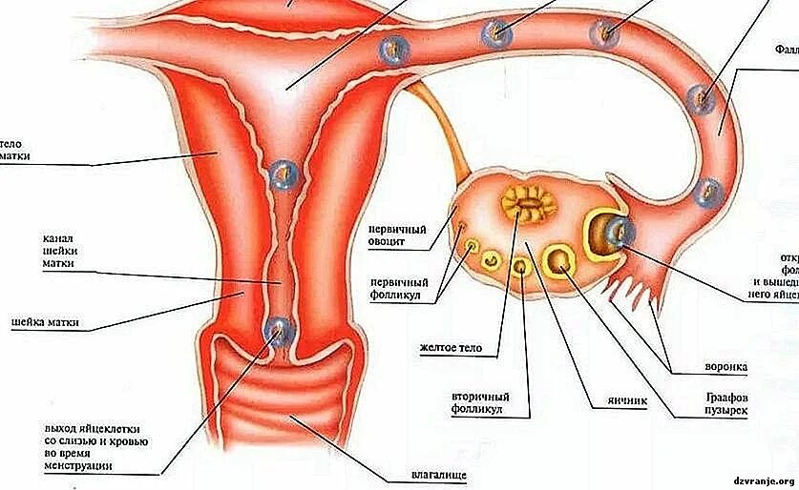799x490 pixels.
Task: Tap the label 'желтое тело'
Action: [x=454, y=348]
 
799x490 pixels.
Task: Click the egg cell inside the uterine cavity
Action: [x=283, y=174]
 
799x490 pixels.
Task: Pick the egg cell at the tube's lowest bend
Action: [x=708, y=194]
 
